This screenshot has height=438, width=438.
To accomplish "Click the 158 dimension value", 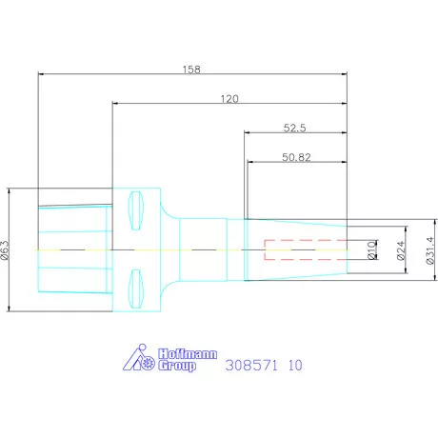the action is coord(191,70).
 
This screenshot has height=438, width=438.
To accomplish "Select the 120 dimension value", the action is coord(229,99).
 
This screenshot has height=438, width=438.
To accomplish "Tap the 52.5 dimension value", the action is coord(294,128).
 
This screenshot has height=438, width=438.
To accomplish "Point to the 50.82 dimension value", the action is coord(296,157).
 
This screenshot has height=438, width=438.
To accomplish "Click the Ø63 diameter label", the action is coord(5,250).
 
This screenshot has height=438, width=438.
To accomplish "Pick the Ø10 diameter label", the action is coord(371,250).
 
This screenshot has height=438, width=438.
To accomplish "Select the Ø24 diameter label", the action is coord(401,250).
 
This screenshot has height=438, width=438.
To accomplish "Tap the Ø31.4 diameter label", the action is coord(430,250).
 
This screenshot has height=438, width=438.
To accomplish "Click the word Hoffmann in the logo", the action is coord(188,354).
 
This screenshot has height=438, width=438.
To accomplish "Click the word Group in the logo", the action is coord(177,366).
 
